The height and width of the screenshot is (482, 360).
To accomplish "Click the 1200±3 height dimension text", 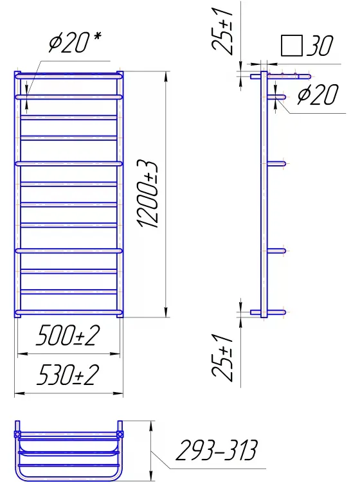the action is (148, 194).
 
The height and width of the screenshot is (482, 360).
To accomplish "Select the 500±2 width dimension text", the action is (67, 335).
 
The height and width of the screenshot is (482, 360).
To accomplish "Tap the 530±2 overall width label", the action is (67, 375).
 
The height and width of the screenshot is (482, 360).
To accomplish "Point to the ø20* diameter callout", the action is (75, 42).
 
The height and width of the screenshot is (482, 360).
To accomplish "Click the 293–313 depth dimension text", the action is (216, 451).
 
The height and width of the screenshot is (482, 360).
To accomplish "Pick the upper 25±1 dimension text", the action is (222, 29).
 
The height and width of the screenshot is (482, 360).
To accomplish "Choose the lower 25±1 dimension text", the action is (222, 356).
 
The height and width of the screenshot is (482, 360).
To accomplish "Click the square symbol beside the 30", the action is (291, 46).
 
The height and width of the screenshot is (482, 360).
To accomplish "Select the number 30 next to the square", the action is (319, 46).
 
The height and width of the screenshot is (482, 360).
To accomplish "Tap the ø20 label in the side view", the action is (318, 94).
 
